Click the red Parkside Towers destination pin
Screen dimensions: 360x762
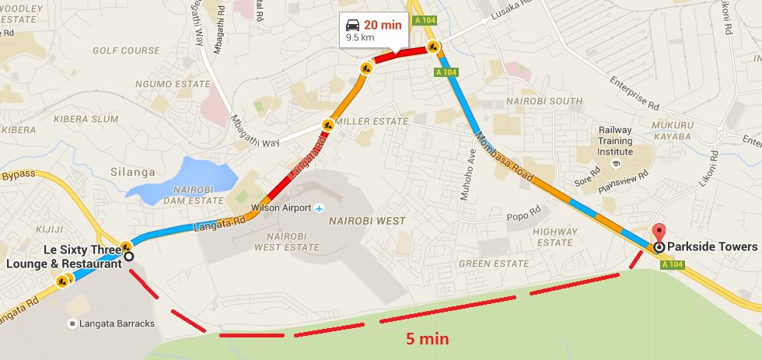[x=659, y=232]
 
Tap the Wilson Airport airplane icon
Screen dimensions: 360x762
[x=318, y=208]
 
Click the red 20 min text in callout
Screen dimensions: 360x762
[x=383, y=25]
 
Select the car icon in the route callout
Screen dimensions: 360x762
[x=353, y=25]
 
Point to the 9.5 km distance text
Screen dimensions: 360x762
[x=359, y=37]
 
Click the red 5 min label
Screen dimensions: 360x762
[x=427, y=339]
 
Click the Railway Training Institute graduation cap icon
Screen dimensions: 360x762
[x=614, y=164]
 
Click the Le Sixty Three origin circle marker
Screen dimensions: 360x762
[x=128, y=256]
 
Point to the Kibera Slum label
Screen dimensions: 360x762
[x=86, y=119]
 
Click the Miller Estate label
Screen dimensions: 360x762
[x=376, y=121]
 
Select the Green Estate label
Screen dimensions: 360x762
[x=494, y=264]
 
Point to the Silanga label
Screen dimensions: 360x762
[x=134, y=172]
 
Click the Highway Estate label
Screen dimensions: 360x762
[x=554, y=236]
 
